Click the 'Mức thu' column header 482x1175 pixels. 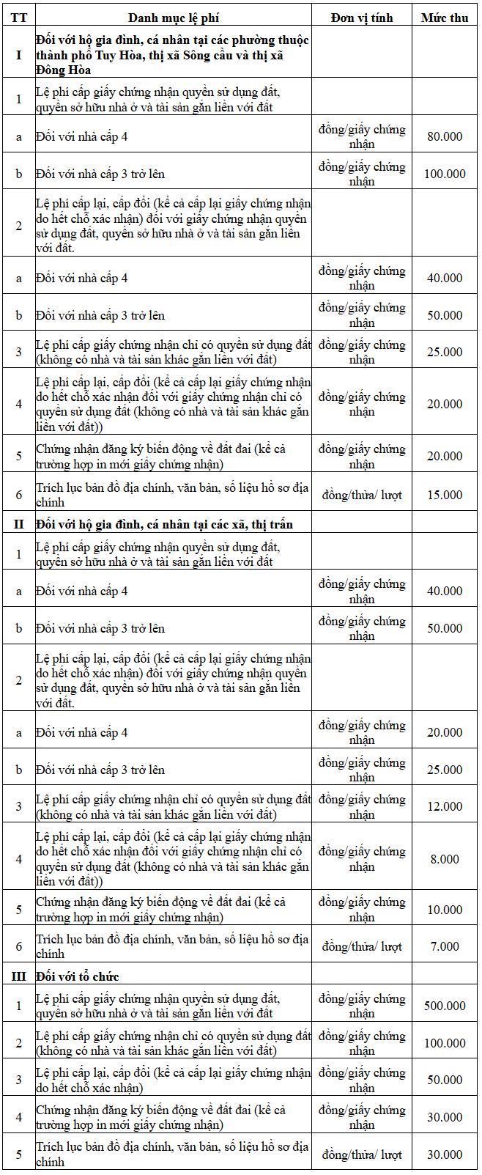tap(445, 18)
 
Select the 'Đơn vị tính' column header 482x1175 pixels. tap(362, 18)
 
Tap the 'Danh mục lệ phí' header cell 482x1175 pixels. tap(174, 18)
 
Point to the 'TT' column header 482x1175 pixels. tap(18, 18)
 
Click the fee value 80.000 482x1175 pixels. tap(445, 136)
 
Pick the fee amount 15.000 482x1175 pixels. tap(445, 495)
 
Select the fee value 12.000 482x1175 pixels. tap(445, 806)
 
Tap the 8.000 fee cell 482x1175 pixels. tap(445, 859)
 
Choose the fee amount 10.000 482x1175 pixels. tap(445, 910)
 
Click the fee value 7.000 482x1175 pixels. tap(445, 946)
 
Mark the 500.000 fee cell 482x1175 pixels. tap(445, 1006)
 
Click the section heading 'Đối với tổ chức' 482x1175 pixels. tap(77, 976)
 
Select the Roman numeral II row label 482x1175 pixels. tap(18, 523)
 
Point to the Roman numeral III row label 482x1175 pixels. tap(18, 976)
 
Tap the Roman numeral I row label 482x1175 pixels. tap(18, 54)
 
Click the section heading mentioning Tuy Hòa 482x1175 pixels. tap(172, 54)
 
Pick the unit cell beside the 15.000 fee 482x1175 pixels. tap(362, 495)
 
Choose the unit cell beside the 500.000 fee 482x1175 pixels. tap(362, 1006)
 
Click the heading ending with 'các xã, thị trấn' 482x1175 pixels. tap(164, 523)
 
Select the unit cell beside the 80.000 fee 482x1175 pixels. tap(362, 136)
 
